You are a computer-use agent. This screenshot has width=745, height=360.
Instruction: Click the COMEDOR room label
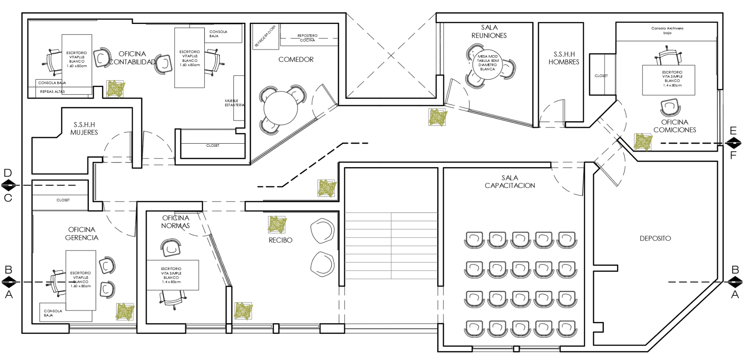pyautogui.click(x=296, y=59)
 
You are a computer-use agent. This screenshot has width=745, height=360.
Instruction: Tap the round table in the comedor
pyautogui.click(x=281, y=108)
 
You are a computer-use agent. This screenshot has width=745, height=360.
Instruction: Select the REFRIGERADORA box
pyautogui.click(x=265, y=36)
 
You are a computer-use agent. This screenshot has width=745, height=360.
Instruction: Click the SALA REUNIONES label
pyautogui.click(x=489, y=32)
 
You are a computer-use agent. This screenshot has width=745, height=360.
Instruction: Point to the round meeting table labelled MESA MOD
pyautogui.click(x=488, y=63)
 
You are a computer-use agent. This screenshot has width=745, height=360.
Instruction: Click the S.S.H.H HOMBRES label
pyautogui.click(x=564, y=58)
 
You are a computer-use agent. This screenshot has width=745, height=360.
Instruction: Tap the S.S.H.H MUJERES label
pyautogui.click(x=84, y=129)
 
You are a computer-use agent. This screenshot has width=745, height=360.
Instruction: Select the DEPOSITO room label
pyautogui.click(x=655, y=238)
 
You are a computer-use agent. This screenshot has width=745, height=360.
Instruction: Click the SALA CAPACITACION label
pyautogui.click(x=510, y=182)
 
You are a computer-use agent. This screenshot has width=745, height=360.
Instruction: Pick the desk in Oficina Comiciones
pyautogui.click(x=668, y=80)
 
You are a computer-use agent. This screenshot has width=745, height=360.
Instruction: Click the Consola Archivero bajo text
pyautogui.click(x=667, y=31)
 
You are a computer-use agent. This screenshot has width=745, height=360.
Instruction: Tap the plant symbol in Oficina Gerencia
pyautogui.click(x=125, y=312)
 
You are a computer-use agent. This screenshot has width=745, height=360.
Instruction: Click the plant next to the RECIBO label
pyautogui.click(x=277, y=225)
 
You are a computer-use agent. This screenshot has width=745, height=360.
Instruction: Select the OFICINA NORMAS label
pyautogui.click(x=176, y=222)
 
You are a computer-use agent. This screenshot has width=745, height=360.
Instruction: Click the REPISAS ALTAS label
pyautogui.click(x=52, y=92)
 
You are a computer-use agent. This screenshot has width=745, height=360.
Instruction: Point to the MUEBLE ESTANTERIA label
pyautogui.click(x=234, y=103)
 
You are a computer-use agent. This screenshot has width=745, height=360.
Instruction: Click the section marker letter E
pyautogui.click(x=733, y=130)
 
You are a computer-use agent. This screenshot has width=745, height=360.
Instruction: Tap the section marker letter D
pyautogui.click(x=8, y=173)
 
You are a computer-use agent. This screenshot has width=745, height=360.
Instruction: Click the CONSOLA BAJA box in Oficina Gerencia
pyautogui.click(x=53, y=313)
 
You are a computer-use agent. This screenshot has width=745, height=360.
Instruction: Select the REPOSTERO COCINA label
pyautogui.click(x=308, y=38)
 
